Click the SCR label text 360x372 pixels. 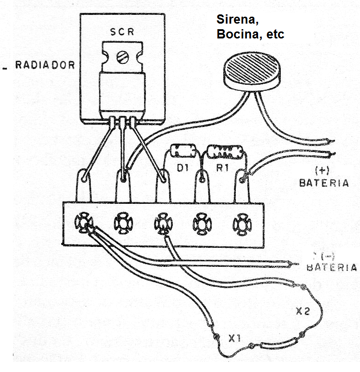(x=122, y=33)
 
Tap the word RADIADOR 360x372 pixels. (x=45, y=65)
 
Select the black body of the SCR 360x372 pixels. (x=122, y=93)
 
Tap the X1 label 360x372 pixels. (x=234, y=340)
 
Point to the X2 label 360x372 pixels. (x=302, y=311)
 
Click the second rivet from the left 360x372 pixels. (x=123, y=223)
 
